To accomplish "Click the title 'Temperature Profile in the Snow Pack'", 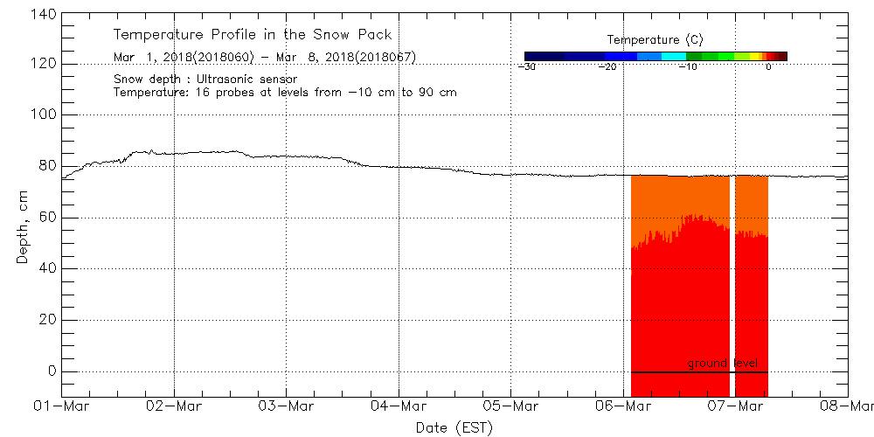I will (253, 35).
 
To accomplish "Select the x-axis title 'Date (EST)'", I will (454, 427).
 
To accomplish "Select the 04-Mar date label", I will (399, 406).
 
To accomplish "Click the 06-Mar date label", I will (622, 406).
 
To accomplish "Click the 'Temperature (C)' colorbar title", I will (655, 39).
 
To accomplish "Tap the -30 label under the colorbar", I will (527, 67).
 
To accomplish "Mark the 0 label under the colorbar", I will (768, 67).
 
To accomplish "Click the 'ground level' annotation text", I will (721, 363).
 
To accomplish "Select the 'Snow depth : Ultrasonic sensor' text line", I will (205, 79).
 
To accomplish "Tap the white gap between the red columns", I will (732, 280).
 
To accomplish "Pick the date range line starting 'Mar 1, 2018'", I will (264, 57).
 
